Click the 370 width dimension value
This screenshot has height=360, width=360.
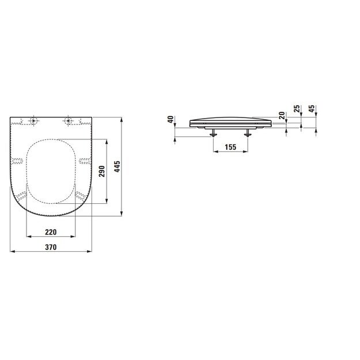click(51, 247)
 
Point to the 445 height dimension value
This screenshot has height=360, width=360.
click(117, 167)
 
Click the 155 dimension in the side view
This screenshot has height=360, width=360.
click(230, 147)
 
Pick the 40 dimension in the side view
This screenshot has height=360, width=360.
click(170, 119)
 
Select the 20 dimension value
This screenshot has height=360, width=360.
click(282, 115)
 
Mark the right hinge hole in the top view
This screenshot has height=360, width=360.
click(69, 121)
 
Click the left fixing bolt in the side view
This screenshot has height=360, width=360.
click(214, 133)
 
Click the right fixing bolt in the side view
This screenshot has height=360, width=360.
click(249, 133)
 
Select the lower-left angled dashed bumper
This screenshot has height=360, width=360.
click(22, 196)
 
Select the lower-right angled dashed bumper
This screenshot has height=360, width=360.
click(81, 196)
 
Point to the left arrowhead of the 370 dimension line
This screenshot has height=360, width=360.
click(12, 252)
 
